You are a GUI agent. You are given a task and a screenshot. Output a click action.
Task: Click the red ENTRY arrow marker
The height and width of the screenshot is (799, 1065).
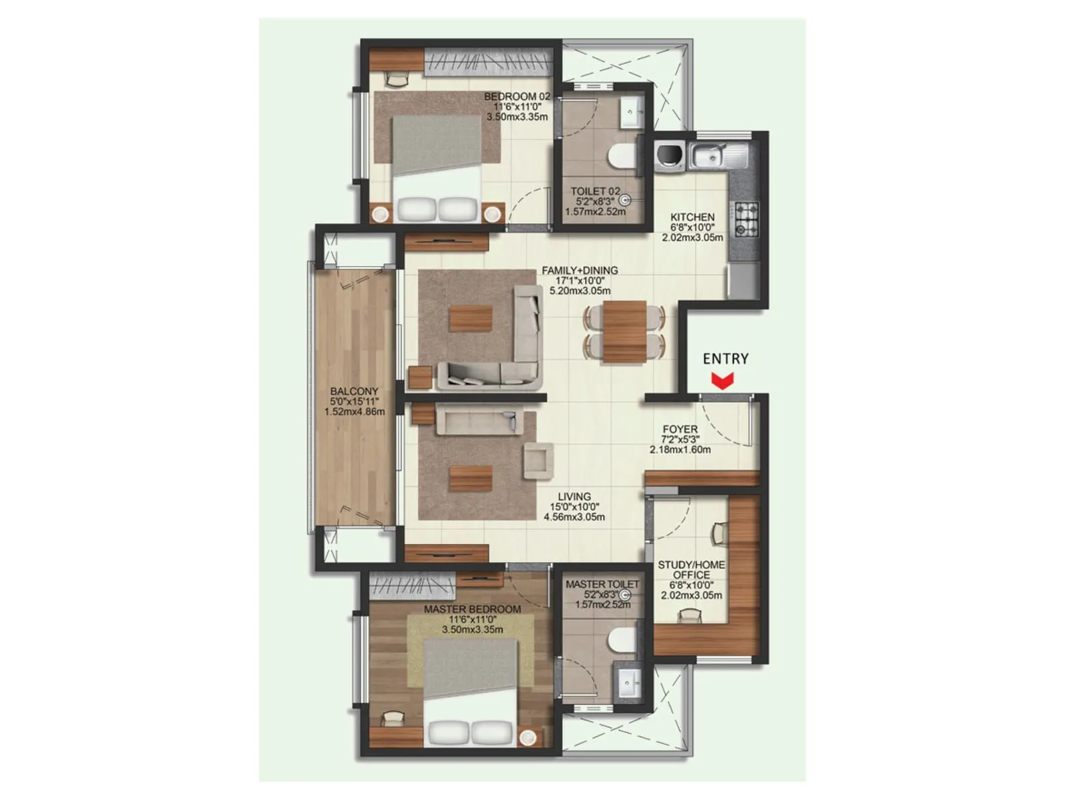click(x=722, y=381)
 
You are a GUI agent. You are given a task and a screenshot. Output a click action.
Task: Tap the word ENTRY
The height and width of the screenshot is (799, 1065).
click(x=726, y=359)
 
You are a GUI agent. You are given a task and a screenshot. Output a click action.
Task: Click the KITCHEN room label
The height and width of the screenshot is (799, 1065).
click(x=692, y=217)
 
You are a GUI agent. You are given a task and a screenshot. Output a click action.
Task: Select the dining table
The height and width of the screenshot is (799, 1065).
click(x=624, y=332)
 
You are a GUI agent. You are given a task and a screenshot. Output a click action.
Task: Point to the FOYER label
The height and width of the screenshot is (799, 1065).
click(x=680, y=429)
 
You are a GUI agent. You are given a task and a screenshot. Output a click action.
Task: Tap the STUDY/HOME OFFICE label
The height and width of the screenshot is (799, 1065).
click(x=691, y=570)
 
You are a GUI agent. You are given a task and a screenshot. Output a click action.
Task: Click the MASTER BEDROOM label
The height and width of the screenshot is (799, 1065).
click(x=472, y=609)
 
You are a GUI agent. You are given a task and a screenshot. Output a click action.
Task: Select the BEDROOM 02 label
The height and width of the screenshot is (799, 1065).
click(x=517, y=97)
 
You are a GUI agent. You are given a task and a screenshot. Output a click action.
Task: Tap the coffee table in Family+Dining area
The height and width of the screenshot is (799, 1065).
click(x=471, y=318)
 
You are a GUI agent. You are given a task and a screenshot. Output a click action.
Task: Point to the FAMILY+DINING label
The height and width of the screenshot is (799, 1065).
click(x=579, y=270)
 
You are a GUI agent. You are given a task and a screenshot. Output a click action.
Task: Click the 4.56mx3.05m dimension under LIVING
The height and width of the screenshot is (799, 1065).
click(x=574, y=517)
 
